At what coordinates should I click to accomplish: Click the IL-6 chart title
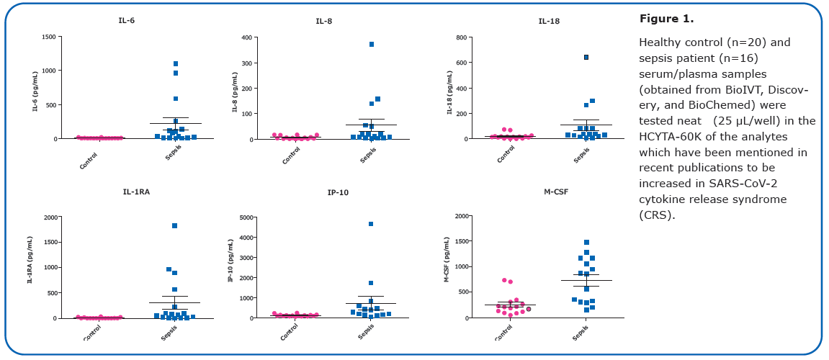point(126,20)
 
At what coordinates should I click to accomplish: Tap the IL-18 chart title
point(549,21)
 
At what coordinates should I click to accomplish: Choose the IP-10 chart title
point(338,193)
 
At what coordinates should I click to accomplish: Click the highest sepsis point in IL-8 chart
point(372,44)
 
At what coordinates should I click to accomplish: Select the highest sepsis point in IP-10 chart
point(371,224)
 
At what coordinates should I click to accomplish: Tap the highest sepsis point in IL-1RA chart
point(174,226)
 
